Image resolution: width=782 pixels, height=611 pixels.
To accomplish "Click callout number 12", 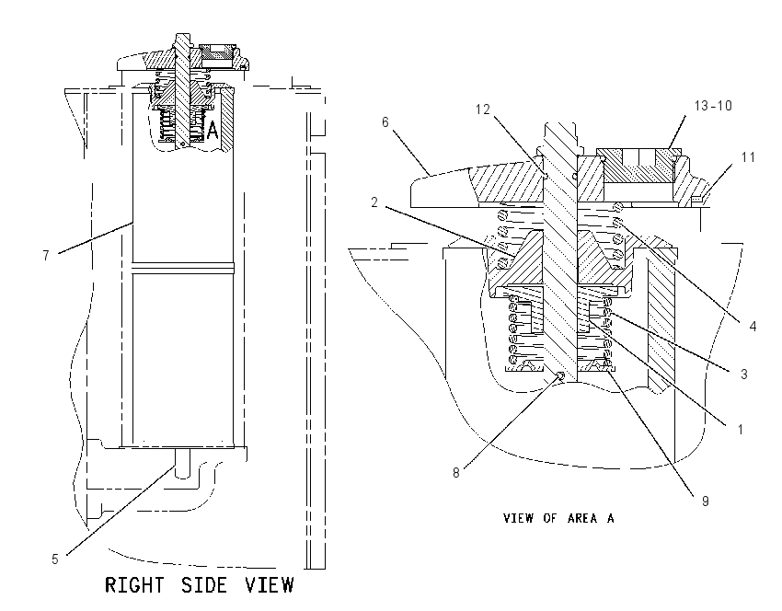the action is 482,110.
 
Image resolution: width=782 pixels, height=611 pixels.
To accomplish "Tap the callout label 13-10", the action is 713,106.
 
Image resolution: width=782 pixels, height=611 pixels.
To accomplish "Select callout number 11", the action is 748,157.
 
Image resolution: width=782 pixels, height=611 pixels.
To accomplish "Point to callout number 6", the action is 385,122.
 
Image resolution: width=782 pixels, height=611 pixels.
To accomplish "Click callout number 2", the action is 374,202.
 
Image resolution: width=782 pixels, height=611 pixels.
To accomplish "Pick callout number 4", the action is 753,326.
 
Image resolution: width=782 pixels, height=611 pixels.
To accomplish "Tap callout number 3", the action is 743,375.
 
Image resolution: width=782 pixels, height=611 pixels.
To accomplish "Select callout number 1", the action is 741,429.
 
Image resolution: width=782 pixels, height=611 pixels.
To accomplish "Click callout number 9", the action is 706,501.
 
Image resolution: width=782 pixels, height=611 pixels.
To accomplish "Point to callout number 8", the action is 455,473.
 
